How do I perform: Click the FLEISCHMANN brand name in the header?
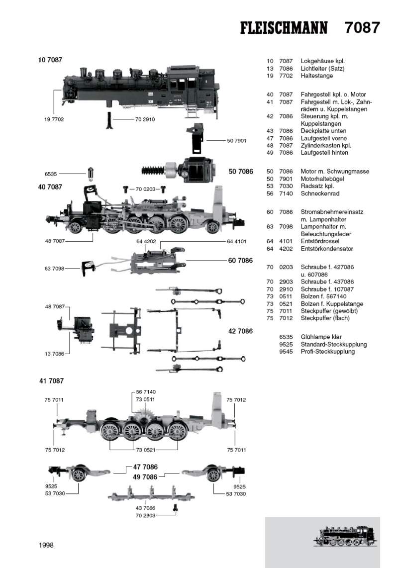[284, 28]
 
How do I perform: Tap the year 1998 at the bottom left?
[46, 545]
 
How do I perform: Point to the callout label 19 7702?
[54, 119]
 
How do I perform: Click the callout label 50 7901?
[237, 141]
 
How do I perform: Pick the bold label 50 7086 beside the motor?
[241, 172]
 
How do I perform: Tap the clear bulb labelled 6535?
[91, 175]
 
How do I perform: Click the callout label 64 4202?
[146, 241]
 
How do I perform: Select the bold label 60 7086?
[240, 261]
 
